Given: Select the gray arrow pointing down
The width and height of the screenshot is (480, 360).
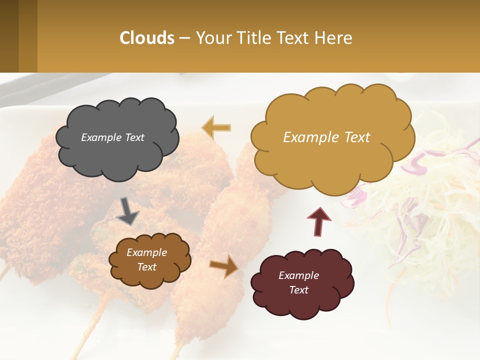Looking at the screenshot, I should [127, 212].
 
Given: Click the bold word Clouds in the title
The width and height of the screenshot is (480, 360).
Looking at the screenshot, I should [147, 38].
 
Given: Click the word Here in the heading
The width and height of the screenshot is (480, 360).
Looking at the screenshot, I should [334, 38].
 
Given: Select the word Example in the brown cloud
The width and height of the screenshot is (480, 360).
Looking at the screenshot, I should [146, 252].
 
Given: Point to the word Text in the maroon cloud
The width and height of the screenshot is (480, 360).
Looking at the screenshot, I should [298, 290].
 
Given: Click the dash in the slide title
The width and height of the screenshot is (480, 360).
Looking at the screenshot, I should [184, 38].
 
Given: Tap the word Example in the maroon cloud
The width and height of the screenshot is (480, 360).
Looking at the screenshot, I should [298, 275].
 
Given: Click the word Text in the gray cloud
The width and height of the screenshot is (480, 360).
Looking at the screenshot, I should [133, 137].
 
